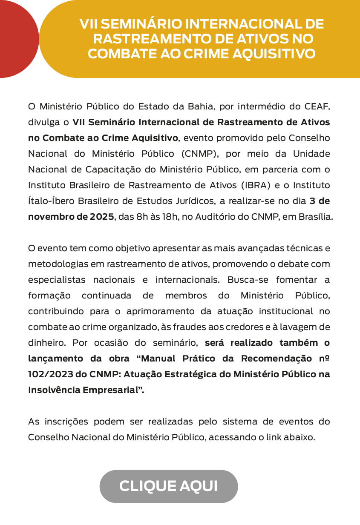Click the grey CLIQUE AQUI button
pos(169,486)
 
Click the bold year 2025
pos(102,216)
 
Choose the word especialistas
pos(55,280)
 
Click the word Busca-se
pos(245,280)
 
